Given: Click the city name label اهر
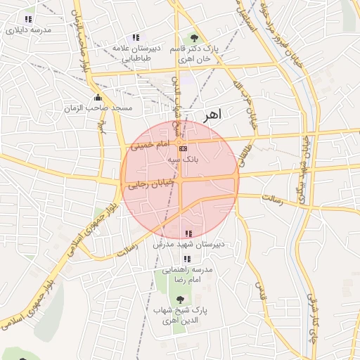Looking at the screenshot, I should (x=210, y=114).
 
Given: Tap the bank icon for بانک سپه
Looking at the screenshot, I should (x=183, y=148).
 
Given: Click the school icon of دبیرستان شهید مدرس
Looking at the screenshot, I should (x=188, y=233).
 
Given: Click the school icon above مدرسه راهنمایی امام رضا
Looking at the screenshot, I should (x=186, y=259).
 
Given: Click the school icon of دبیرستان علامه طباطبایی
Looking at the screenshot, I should (x=135, y=37).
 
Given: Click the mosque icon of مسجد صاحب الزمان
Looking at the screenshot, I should (x=98, y=97).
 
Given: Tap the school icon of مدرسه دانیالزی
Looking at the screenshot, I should (x=28, y=19).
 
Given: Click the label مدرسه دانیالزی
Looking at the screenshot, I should (x=28, y=30).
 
